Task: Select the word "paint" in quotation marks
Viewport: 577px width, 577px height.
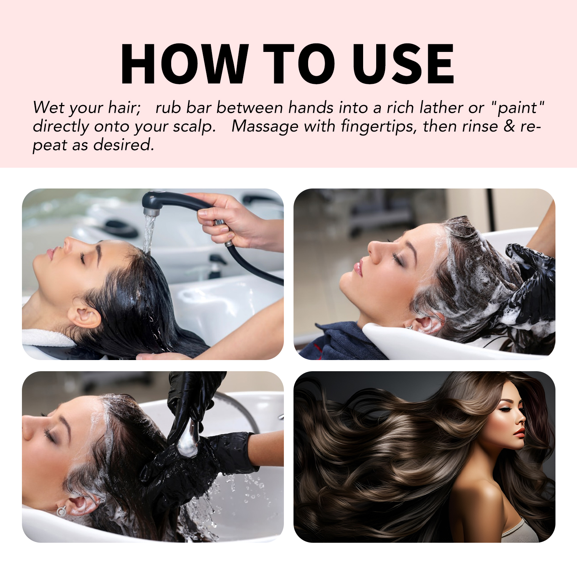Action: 517,108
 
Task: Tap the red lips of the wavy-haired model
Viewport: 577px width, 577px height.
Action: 519,433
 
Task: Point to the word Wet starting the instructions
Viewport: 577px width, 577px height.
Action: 49,108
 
